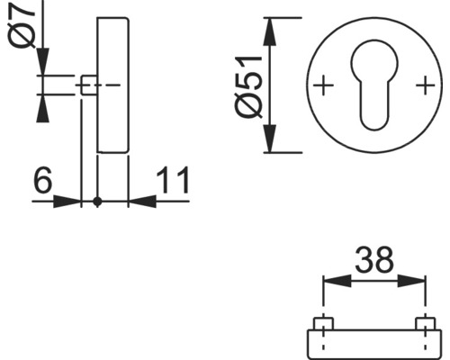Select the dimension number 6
point(42,181)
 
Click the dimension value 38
point(373,262)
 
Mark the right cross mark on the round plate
point(422,85)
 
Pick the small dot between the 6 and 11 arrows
point(97,202)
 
